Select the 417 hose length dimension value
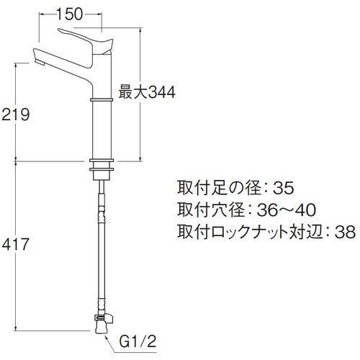coord(17,245)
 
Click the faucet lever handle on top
coord(86,39)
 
